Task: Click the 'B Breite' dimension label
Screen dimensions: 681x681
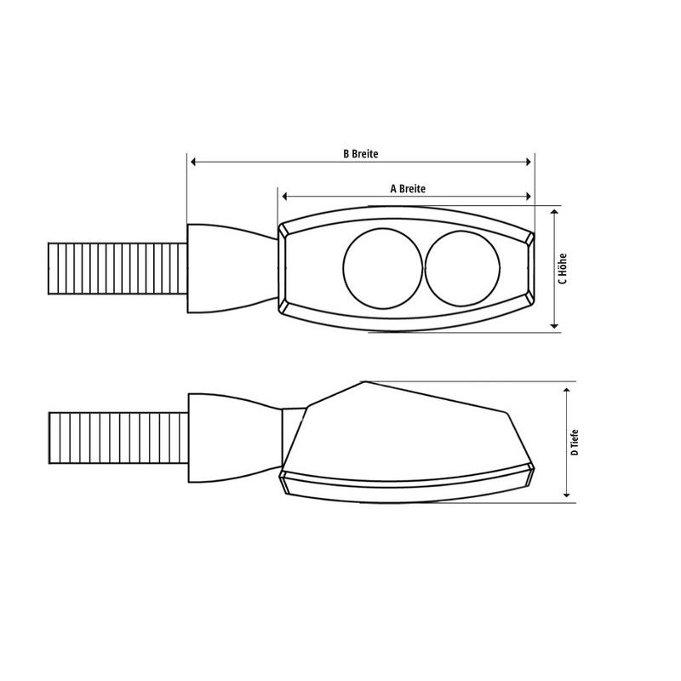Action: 360,154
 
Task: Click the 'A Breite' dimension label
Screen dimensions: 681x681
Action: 407,188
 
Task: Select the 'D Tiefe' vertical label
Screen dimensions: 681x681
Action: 576,441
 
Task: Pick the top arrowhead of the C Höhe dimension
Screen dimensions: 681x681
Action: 554,212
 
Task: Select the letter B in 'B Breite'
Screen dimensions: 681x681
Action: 345,154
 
